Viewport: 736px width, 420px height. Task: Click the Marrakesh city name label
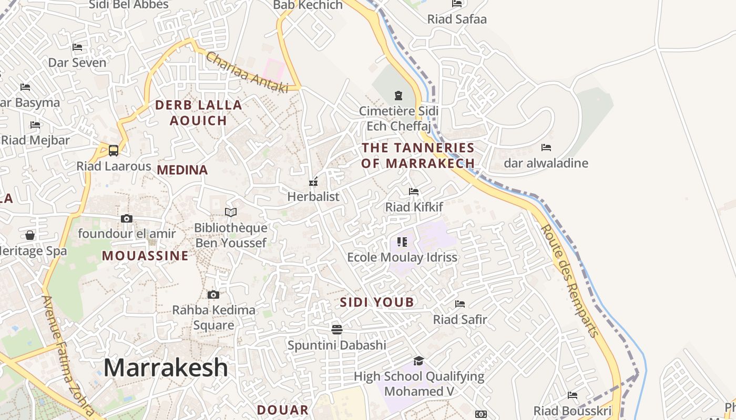(166, 367)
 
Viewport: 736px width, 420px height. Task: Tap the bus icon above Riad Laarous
(114, 151)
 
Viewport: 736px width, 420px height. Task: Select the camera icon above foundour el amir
(127, 218)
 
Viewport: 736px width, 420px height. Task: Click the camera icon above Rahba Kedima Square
(213, 295)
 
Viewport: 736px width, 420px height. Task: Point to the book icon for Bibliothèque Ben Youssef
(231, 212)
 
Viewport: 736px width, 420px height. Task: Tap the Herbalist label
(313, 197)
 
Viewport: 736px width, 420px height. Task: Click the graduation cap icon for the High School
(418, 361)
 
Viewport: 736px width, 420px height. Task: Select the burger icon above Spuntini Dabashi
(337, 329)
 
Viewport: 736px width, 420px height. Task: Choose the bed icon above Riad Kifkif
(414, 192)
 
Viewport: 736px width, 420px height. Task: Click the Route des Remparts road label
(570, 281)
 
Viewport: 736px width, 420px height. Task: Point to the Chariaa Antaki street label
(247, 72)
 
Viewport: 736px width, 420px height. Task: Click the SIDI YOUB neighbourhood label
(377, 302)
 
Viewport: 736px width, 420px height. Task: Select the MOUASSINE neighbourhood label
(145, 256)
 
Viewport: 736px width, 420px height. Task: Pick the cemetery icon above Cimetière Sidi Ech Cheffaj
(398, 96)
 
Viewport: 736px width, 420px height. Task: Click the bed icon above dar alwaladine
(546, 148)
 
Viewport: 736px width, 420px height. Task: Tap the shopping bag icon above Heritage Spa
(30, 235)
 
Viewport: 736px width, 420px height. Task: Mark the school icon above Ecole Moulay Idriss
(402, 242)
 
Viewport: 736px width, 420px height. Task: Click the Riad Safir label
(460, 319)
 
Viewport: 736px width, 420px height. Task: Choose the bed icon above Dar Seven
(77, 47)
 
